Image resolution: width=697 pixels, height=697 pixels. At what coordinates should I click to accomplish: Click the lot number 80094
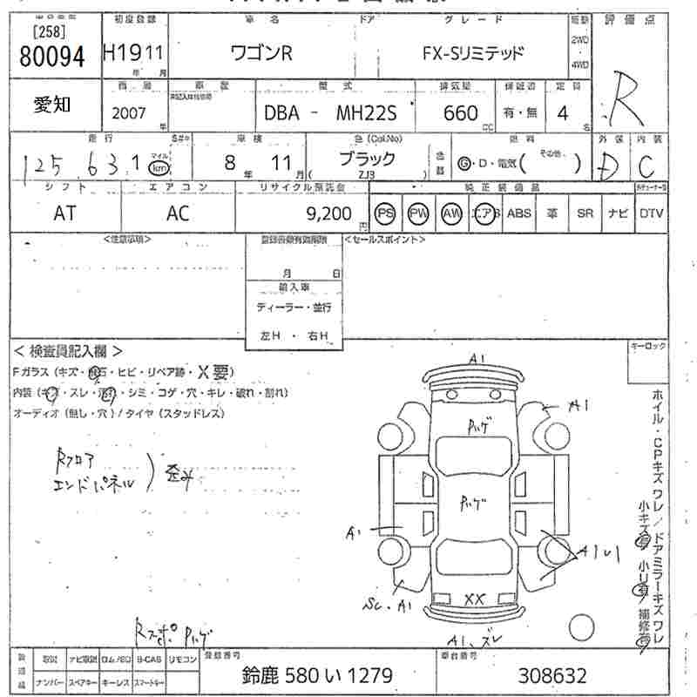click(x=51, y=57)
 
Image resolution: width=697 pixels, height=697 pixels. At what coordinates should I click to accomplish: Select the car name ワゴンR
click(x=261, y=53)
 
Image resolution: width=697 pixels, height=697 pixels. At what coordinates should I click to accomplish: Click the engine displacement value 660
click(x=460, y=113)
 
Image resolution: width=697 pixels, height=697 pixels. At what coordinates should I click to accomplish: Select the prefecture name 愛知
click(x=52, y=105)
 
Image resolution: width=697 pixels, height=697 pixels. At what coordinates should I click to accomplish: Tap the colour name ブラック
click(x=366, y=159)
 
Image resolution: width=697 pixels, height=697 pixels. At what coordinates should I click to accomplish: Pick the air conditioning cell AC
click(x=178, y=213)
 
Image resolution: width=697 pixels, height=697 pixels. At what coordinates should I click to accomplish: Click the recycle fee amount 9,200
click(x=328, y=213)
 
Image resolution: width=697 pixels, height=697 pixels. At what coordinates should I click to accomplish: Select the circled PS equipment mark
click(x=384, y=213)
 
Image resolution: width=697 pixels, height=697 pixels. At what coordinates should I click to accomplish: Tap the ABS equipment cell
click(x=518, y=213)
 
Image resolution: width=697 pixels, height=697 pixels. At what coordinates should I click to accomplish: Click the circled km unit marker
click(x=158, y=166)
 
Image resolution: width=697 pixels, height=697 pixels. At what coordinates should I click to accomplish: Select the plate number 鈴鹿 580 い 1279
click(x=316, y=675)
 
